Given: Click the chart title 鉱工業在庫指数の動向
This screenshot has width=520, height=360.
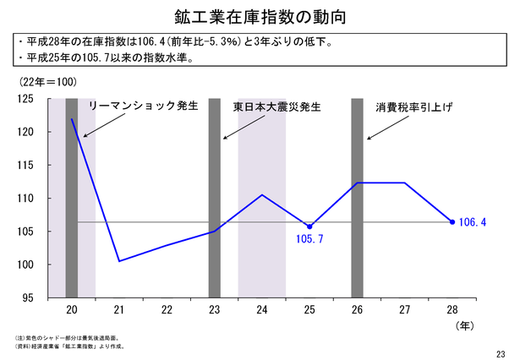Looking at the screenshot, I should click(259, 16).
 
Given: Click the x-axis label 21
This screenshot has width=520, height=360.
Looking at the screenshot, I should click(119, 309).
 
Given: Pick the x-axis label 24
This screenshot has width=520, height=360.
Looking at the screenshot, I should click(262, 309).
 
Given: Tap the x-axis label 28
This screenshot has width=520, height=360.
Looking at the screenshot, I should click(452, 309).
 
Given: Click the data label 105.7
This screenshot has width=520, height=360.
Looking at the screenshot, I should click(309, 240).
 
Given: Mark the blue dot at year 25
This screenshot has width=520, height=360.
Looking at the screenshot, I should click(309, 226).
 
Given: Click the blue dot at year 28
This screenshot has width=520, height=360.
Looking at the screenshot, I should click(452, 222).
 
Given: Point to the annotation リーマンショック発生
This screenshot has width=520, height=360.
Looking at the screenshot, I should click(142, 106).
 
